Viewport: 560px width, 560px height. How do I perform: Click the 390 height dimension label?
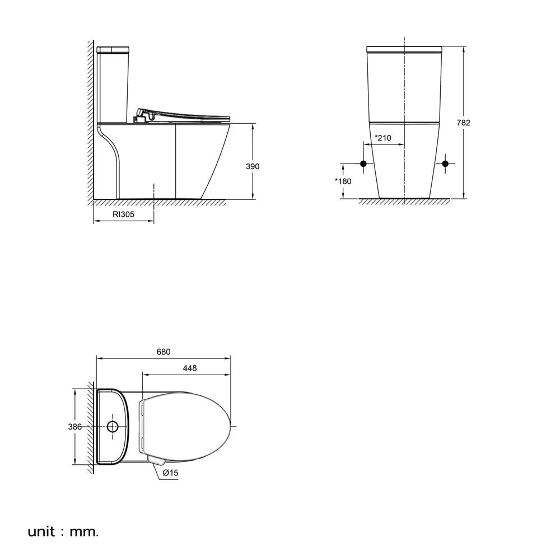click(253, 166)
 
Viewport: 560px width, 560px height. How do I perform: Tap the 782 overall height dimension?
click(464, 123)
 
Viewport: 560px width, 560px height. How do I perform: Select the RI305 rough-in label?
click(124, 214)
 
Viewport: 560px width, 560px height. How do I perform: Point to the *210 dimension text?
click(383, 138)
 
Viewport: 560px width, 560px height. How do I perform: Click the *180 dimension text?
click(343, 181)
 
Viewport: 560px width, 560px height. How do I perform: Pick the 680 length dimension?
click(164, 352)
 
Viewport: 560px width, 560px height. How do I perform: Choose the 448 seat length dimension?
click(190, 368)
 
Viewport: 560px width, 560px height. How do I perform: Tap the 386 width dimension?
click(74, 427)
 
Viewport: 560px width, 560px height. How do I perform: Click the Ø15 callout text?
click(170, 473)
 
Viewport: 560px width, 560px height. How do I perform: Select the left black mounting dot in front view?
click(363, 164)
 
